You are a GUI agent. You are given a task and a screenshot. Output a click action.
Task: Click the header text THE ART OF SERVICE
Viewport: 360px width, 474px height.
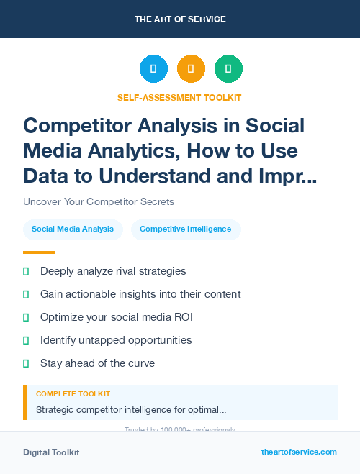coord(180,19)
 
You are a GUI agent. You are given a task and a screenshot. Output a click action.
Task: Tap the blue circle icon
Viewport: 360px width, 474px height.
coord(153,69)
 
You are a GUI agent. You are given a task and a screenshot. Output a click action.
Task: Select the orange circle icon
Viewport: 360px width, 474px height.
coord(191,69)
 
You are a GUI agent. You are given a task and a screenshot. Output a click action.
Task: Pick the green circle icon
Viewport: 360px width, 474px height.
coord(228,69)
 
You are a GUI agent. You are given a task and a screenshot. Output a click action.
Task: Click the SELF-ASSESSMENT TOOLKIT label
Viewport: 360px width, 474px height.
coord(180,97)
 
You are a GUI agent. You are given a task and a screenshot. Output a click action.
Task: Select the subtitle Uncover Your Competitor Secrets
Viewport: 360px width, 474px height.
coord(99,201)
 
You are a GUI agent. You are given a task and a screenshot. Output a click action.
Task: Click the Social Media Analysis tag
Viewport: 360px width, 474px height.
coord(73,229)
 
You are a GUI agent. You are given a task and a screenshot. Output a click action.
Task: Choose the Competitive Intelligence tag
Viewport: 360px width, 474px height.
coord(186,229)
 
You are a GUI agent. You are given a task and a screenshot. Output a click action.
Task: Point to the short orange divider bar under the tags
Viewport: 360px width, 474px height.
coord(39,252)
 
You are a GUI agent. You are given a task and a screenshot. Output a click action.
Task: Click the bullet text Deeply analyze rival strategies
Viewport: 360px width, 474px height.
coord(113,271)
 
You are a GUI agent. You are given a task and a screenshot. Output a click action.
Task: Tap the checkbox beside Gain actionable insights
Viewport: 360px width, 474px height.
coord(26,294)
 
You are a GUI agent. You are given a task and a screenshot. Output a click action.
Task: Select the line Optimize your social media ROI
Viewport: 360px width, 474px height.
coord(117,317)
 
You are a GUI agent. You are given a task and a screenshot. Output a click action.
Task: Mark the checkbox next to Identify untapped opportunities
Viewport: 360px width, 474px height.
coord(26,340)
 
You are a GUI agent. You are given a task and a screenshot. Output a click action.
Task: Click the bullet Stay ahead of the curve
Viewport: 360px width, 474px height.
coord(97,363)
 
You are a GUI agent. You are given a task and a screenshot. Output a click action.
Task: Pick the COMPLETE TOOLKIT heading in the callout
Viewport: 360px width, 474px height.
coord(73,394)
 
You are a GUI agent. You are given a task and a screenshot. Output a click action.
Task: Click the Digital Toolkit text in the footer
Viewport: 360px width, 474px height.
coord(51,452)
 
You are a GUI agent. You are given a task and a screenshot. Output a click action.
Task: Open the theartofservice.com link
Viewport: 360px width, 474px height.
coord(299,452)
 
